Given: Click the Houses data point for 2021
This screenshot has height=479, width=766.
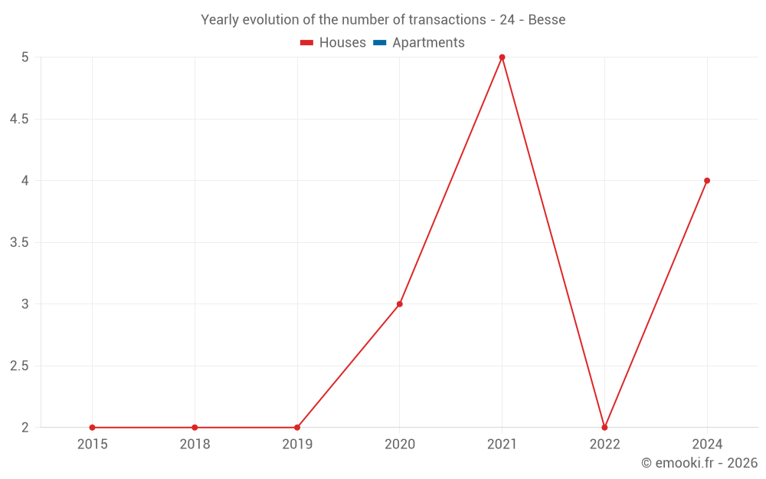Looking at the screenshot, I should click(x=502, y=57).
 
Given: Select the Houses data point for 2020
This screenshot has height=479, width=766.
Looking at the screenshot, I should click(x=399, y=304).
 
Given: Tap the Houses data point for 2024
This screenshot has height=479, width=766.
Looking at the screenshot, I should click(x=707, y=181).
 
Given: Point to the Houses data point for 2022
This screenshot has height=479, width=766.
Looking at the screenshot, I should click(x=604, y=428).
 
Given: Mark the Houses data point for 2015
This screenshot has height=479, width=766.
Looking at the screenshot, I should click(x=92, y=428).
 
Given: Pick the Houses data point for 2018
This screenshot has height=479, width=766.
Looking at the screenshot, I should click(x=195, y=428).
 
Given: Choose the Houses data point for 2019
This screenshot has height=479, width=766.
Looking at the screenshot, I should click(x=297, y=428).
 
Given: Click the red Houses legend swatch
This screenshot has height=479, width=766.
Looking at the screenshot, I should click(x=307, y=43).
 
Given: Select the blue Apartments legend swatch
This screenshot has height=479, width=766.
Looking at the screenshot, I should click(x=380, y=43).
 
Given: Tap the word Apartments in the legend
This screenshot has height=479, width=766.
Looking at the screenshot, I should click(x=428, y=43).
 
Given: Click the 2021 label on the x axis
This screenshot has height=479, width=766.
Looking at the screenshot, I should click(x=502, y=444).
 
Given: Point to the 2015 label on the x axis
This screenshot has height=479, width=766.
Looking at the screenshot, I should click(x=92, y=444).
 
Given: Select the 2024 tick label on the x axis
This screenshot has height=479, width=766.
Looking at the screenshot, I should click(x=707, y=444).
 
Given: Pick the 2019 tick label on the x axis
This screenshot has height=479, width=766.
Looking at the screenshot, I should click(x=297, y=444).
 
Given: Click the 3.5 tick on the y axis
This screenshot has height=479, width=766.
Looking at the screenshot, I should click(x=18, y=243).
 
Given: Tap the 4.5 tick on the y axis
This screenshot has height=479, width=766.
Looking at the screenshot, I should click(x=18, y=120).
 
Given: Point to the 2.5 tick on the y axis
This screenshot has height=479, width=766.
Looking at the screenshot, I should click(x=18, y=366).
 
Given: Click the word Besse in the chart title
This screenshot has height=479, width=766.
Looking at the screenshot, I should click(x=547, y=20).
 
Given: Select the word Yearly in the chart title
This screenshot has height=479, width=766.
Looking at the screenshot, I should click(x=221, y=20).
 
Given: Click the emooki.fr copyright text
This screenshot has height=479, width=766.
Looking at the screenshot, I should click(x=699, y=463).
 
